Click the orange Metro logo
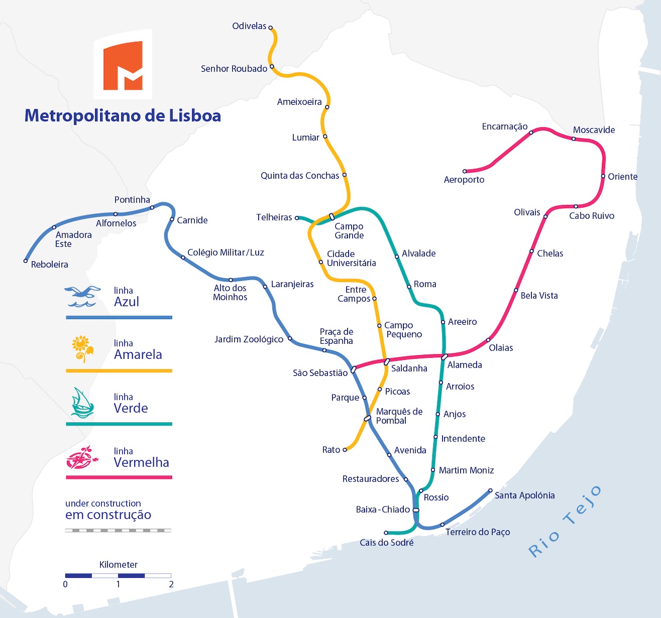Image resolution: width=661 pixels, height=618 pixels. (123, 66)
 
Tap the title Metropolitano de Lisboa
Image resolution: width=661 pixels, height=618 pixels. (123, 116)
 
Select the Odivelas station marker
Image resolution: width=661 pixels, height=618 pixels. (270, 28)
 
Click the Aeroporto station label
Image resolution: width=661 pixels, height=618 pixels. (464, 180)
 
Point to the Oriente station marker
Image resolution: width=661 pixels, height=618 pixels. (603, 176)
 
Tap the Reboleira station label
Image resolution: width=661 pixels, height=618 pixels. (50, 264)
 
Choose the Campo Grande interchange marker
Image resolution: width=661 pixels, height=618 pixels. (332, 216)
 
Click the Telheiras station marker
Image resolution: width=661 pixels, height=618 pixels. (297, 218)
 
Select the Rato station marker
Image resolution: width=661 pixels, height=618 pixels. (345, 450)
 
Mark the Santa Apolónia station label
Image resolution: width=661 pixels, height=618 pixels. (525, 495)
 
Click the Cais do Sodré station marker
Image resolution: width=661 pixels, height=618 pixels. (386, 533)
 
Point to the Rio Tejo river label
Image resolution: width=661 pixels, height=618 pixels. (565, 521)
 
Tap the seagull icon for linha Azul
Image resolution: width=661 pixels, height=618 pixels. (82, 296)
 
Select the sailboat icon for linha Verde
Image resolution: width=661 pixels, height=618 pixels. (82, 403)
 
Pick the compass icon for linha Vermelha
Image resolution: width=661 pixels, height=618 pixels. (82, 457)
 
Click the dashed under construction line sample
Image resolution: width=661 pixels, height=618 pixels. (118, 530)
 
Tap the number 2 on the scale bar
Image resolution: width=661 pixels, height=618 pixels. (171, 584)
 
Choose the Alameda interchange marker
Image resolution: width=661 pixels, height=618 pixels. (444, 357)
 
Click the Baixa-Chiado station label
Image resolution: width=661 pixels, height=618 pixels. (383, 510)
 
